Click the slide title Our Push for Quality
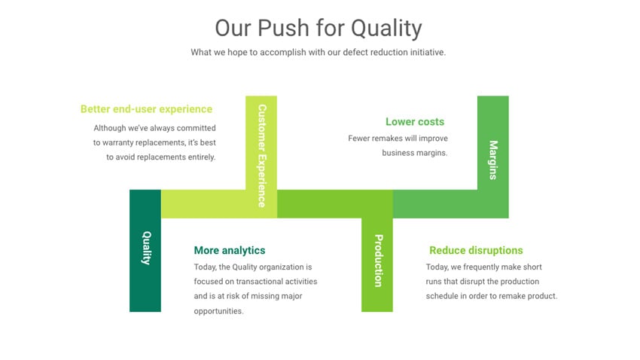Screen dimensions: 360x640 coord(318,28)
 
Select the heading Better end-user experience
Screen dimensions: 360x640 coord(146,109)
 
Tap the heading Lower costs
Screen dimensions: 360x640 coord(415,122)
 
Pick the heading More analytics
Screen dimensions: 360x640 coord(230,251)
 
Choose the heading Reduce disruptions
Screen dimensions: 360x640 coord(476,251)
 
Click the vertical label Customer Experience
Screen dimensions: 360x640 coord(261,155)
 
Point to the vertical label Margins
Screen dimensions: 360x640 coord(493,159)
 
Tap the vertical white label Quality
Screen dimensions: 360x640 coord(146,248)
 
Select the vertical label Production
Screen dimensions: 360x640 coord(378,261)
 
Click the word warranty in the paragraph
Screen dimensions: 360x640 coord(121,142)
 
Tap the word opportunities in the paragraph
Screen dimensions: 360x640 coord(218,311)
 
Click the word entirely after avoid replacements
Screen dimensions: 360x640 coord(200,157)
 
